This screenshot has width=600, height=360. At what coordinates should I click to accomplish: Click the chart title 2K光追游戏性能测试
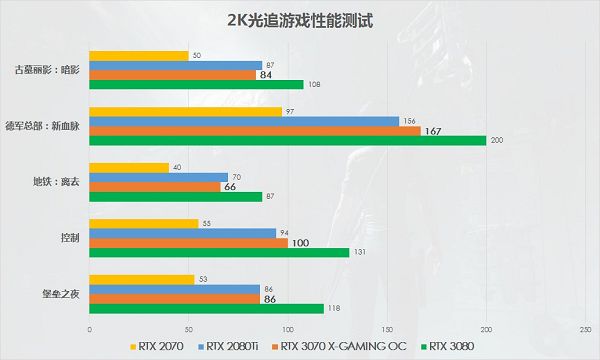299,19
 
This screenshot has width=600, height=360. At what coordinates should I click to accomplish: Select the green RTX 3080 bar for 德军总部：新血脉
288,140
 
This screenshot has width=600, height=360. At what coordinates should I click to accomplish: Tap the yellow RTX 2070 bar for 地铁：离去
129,167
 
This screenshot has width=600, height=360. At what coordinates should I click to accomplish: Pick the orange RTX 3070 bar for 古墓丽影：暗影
172,74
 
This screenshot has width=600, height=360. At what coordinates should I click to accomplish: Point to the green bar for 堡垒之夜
206,308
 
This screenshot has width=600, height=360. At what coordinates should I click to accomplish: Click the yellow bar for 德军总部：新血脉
185,111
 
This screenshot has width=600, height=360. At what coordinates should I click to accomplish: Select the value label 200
496,141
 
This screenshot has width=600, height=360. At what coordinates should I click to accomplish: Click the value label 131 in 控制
360,253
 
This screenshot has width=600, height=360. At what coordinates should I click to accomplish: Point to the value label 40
177,167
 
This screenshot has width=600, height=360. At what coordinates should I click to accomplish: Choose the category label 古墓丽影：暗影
49,70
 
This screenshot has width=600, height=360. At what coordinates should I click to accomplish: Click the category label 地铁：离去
52,183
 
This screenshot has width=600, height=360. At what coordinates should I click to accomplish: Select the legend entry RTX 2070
161,347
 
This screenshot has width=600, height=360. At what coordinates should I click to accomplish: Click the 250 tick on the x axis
584,329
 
